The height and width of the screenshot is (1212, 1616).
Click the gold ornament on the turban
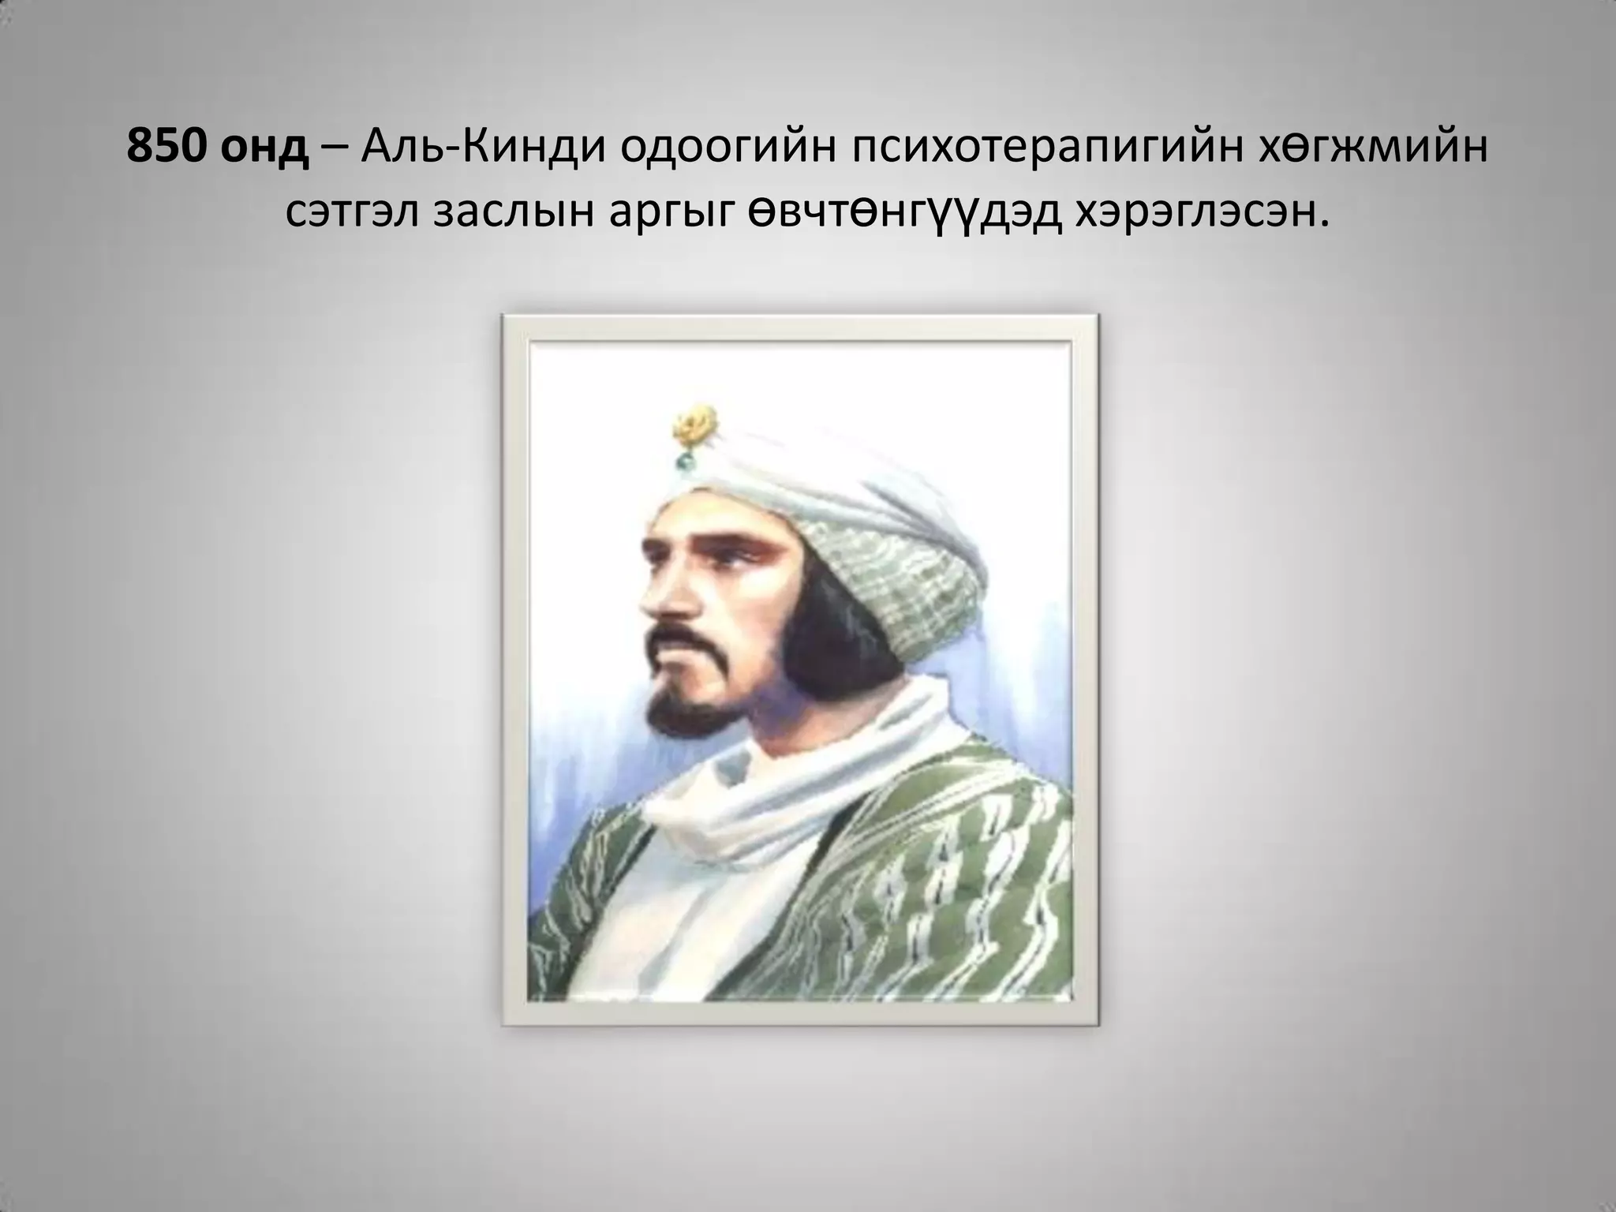point(694,425)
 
